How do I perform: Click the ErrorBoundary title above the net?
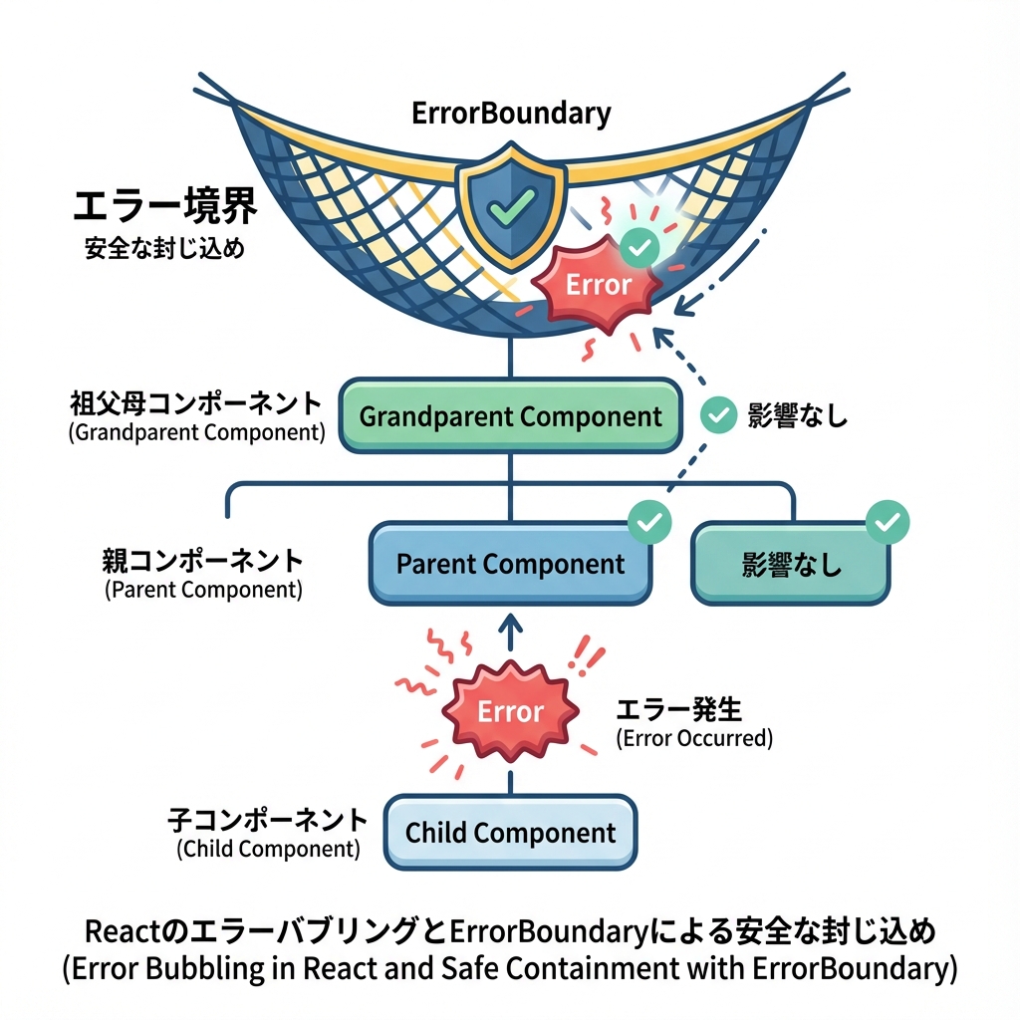tap(511, 114)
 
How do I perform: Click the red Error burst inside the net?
tap(598, 284)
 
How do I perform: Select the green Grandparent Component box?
tap(511, 415)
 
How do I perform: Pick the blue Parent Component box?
tap(511, 564)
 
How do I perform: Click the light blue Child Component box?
tap(511, 832)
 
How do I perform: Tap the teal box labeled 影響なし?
tap(791, 565)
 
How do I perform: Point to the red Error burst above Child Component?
tap(510, 711)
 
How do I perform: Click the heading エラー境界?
tap(165, 207)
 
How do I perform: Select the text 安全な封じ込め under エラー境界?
tap(164, 249)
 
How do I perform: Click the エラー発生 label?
tap(679, 710)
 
